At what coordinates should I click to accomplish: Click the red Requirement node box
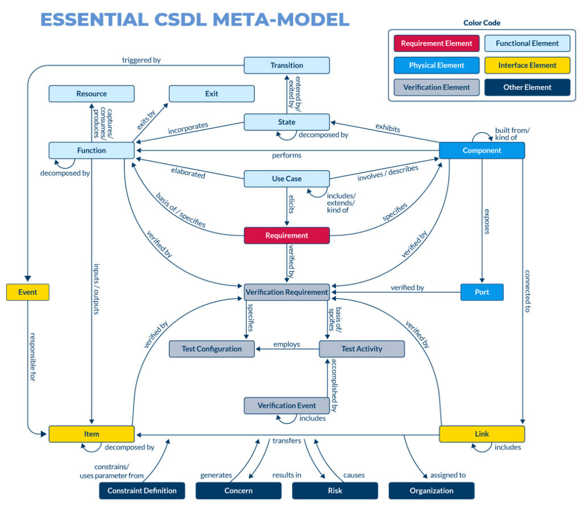tap(287, 235)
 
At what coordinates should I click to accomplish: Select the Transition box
tap(287, 66)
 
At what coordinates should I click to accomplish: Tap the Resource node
tap(91, 94)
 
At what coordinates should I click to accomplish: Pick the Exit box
tap(212, 94)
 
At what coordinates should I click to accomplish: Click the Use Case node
tap(287, 178)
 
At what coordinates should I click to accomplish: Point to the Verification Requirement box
tap(287, 292)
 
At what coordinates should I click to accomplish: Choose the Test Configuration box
tap(212, 349)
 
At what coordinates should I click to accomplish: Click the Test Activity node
tap(362, 349)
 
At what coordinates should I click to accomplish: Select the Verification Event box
tap(287, 405)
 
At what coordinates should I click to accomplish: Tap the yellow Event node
tap(27, 292)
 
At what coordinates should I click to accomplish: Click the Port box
tap(482, 292)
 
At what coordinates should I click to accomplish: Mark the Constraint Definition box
tap(142, 490)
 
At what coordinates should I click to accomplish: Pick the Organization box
tap(431, 490)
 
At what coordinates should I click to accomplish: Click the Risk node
tap(335, 490)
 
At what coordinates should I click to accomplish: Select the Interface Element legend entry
tap(527, 66)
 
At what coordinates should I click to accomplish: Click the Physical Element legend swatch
tap(436, 66)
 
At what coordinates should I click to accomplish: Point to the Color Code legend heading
tap(482, 23)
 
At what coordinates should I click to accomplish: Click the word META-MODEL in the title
tap(281, 19)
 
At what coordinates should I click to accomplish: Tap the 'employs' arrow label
tap(287, 344)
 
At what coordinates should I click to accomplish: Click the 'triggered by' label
tap(141, 60)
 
